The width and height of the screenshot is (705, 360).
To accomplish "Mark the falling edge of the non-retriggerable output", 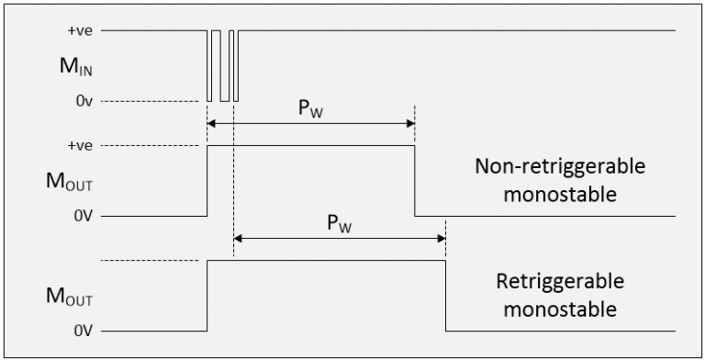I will [415, 181].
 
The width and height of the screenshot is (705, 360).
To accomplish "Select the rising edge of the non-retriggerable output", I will [208, 181].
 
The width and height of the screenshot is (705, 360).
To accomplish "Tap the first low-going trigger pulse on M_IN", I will [209, 65].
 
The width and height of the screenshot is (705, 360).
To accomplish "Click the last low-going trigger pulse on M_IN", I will [234, 65].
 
